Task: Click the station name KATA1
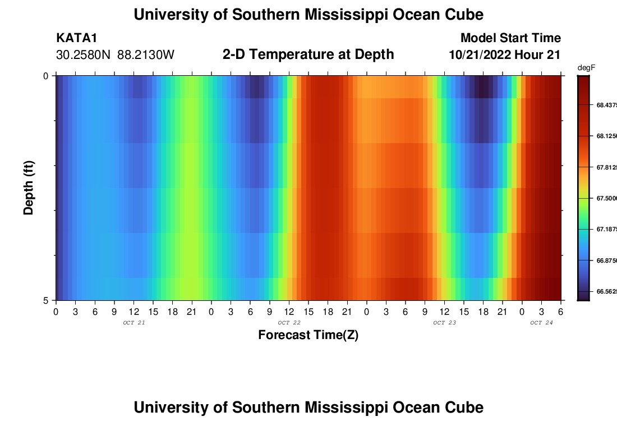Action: [x=77, y=38]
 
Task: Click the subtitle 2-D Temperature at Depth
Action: [x=308, y=54]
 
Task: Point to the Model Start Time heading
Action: [x=510, y=38]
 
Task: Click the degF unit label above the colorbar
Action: [x=586, y=68]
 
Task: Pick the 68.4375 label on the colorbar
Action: [x=606, y=105]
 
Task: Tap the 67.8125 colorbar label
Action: [x=606, y=167]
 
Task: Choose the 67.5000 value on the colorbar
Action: [x=606, y=198]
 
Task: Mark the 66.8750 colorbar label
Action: [x=606, y=260]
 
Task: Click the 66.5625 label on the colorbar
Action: [x=606, y=291]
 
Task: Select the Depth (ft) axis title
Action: [x=29, y=187]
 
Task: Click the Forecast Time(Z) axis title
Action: [x=308, y=335]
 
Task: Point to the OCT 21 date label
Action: [x=133, y=323]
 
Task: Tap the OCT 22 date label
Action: [x=289, y=323]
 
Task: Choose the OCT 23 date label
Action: [x=444, y=323]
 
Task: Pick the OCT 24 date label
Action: [x=541, y=323]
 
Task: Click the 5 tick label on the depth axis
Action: [x=45, y=300]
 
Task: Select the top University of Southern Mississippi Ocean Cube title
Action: [x=308, y=14]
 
